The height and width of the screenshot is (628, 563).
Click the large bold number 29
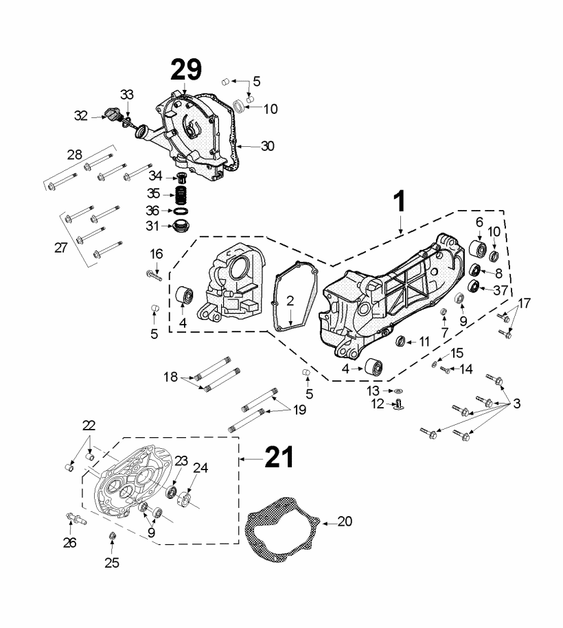186,70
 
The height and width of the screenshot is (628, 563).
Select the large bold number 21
279,456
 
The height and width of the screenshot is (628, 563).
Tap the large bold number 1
400,202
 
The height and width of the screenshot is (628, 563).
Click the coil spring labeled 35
181,195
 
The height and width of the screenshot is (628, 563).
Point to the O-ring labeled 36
181,211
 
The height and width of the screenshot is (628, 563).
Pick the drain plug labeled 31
181,225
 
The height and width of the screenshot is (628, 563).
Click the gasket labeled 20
282,529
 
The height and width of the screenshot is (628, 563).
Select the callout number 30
267,146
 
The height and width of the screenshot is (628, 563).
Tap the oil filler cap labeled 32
112,114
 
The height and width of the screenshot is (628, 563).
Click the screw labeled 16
154,275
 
